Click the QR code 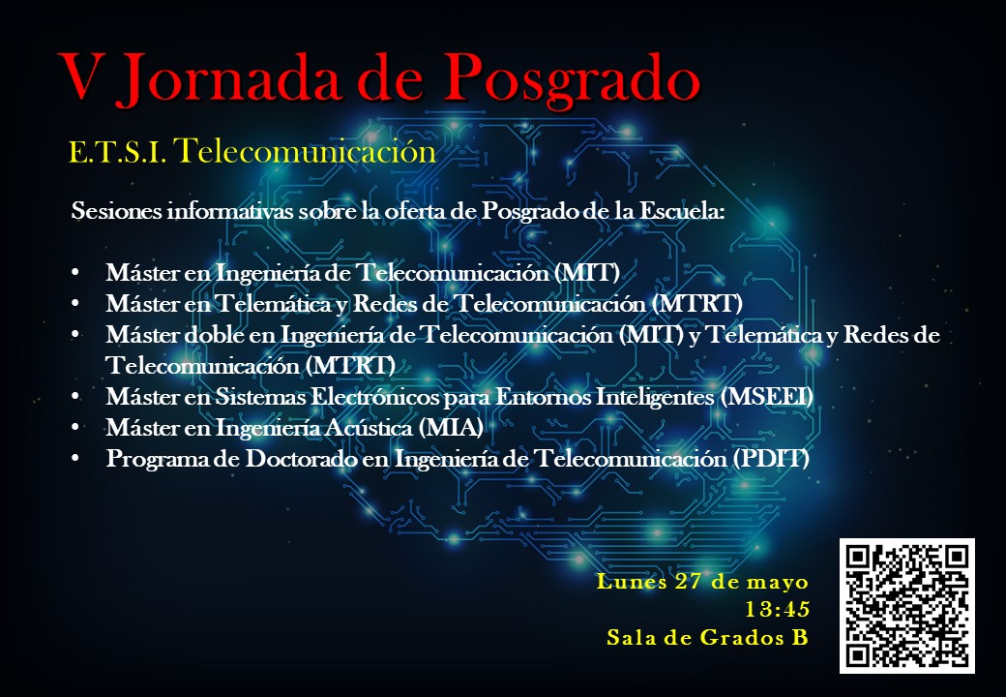tap(907, 606)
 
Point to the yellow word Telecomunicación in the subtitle tap(305, 151)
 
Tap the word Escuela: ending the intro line tap(683, 210)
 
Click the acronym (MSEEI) tap(767, 397)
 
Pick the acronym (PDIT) tap(770, 458)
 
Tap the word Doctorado tap(301, 458)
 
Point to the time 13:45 tap(777, 609)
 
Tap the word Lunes tap(632, 581)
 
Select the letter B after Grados tap(799, 637)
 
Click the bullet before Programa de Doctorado tap(75, 458)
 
